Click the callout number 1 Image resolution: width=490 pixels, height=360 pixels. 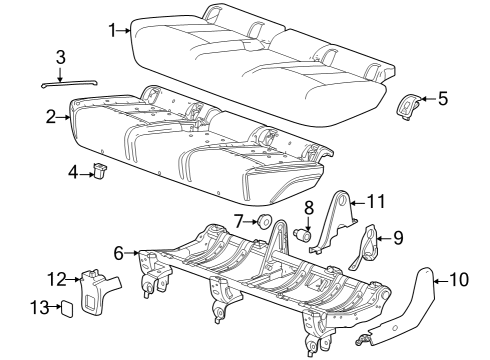pos(113,31)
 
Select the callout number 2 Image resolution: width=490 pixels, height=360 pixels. pos(51,117)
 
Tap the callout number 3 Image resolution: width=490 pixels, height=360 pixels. pos(60,56)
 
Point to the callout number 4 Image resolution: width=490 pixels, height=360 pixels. pos(73,173)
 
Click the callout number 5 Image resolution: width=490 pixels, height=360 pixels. pos(443,98)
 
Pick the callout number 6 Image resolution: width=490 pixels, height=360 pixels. pos(119,254)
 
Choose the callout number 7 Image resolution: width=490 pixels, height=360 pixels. pos(238,220)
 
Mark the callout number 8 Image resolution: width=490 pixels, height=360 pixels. pos(308,209)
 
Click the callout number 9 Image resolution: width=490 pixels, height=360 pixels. pos(397,237)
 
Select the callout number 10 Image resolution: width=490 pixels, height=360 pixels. pos(459,279)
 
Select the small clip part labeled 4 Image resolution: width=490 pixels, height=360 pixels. pos(101,172)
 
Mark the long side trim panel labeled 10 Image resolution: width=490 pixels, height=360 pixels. pos(410,314)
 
